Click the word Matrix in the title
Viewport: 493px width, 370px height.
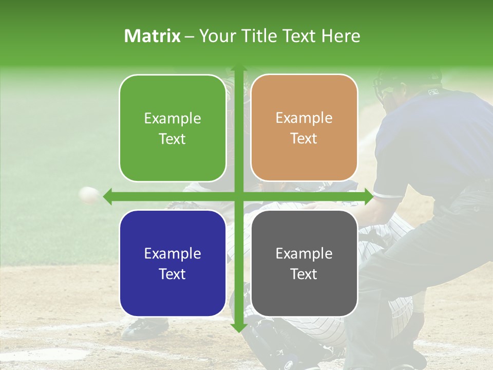(153, 36)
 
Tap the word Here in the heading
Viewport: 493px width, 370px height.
(340, 36)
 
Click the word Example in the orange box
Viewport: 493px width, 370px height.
(304, 118)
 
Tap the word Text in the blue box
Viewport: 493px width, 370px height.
(173, 274)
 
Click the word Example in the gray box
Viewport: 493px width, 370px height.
(304, 253)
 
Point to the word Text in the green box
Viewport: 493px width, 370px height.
(173, 139)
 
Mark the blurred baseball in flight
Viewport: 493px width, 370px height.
(89, 194)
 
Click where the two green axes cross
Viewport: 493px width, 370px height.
(239, 196)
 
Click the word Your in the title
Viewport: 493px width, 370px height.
(215, 36)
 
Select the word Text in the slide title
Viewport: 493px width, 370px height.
(298, 36)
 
